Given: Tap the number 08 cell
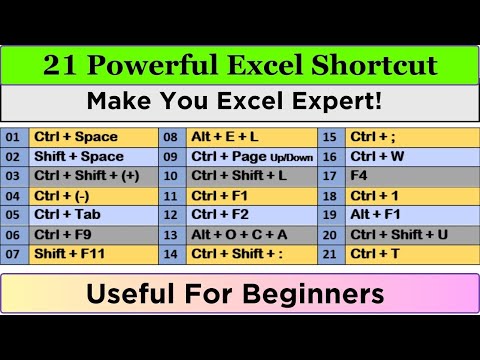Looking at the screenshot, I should [x=171, y=137].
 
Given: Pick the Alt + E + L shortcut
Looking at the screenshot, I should [x=250, y=137].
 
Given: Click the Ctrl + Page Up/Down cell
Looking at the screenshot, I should [x=250, y=157].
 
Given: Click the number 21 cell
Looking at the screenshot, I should [x=329, y=254].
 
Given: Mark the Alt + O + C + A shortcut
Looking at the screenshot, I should [x=250, y=234].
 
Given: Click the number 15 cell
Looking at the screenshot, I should [x=329, y=137].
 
